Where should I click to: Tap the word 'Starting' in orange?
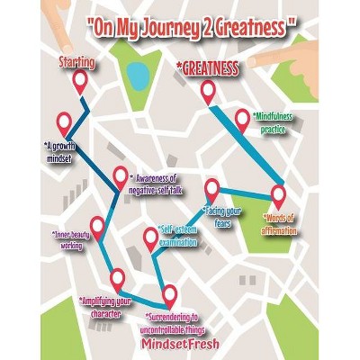coord(78,65)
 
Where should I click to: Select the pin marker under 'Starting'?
coord(79,83)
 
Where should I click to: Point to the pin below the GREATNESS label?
coord(208,92)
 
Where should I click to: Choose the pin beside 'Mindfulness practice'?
coord(242,119)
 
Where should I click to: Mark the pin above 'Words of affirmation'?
coord(277,194)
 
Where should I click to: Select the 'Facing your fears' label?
coord(220,216)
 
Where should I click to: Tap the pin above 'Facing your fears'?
coord(212,189)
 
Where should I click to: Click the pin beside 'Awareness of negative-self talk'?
coord(120,176)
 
